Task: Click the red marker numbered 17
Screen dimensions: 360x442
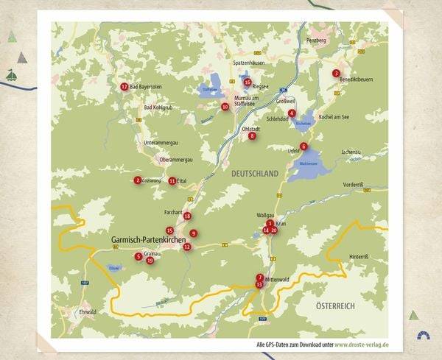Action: click(x=124, y=86)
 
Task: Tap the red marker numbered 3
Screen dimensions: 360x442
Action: click(x=336, y=74)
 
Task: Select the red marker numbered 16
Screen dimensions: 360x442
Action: click(x=248, y=82)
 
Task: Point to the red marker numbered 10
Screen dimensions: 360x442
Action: click(x=225, y=107)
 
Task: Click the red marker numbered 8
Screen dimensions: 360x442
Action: click(x=252, y=135)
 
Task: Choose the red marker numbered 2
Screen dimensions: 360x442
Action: click(x=138, y=180)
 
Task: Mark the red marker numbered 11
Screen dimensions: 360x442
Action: click(x=172, y=180)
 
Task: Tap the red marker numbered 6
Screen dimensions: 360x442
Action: click(x=304, y=147)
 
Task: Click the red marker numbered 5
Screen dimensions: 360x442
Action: click(x=138, y=256)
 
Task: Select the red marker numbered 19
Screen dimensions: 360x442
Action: click(x=150, y=260)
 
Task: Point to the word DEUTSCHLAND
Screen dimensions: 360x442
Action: click(x=255, y=173)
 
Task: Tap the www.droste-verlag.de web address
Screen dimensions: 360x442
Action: click(x=362, y=344)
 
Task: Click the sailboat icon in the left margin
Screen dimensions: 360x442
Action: click(x=11, y=75)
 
